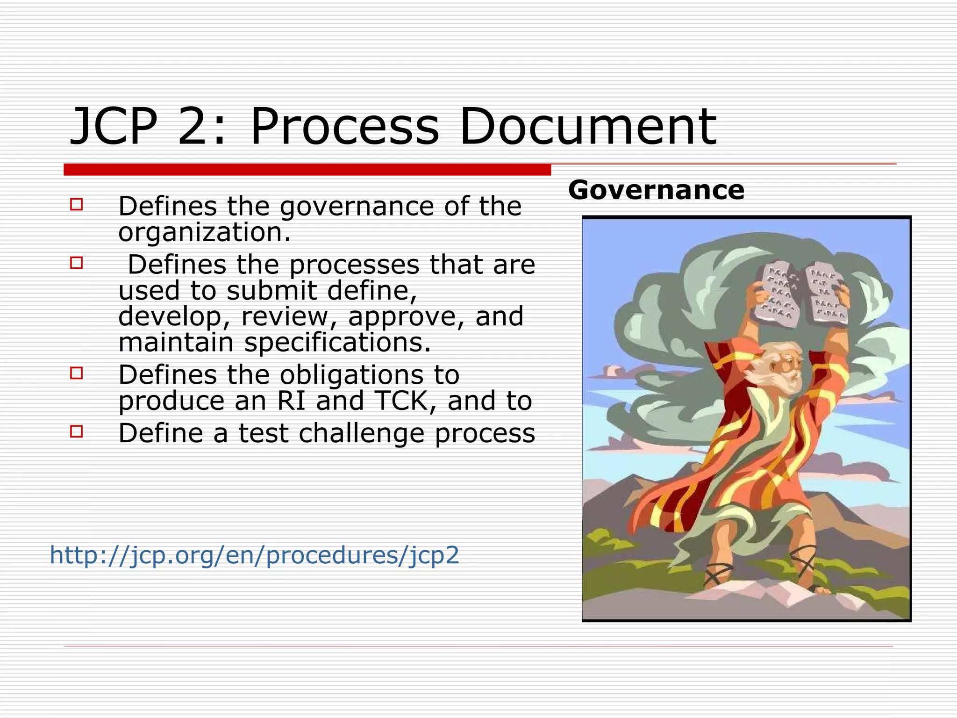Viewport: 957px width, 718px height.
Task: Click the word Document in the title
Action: point(588,126)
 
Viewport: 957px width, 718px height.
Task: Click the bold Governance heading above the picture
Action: point(656,190)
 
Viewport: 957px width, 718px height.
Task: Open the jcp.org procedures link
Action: point(255,555)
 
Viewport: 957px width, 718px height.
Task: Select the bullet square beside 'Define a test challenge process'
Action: point(77,431)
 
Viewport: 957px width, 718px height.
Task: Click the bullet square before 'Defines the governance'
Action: point(77,204)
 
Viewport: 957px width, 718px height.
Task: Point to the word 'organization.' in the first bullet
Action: point(205,232)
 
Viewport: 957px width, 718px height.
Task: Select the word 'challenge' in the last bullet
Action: point(361,433)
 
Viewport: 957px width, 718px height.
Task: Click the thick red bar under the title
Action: point(307,170)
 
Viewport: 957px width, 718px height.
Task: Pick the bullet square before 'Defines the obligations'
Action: point(77,373)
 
